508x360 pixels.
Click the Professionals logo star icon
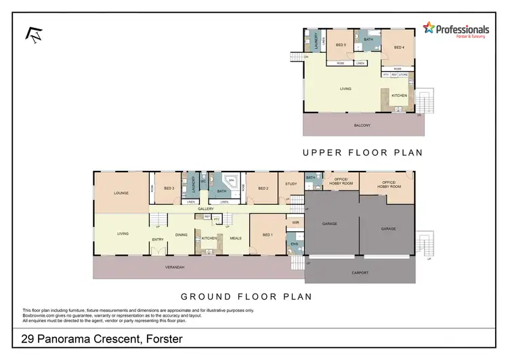point(428,28)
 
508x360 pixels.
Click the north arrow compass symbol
point(32,35)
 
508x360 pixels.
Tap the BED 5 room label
point(341,45)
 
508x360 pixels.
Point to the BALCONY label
point(362,125)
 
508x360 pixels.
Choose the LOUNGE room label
point(122,193)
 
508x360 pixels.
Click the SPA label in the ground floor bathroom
point(230,182)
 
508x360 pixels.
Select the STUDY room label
point(291,184)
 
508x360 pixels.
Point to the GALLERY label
point(206,209)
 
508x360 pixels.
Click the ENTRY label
point(158,239)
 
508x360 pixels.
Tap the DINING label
point(182,235)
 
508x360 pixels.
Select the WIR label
point(295,222)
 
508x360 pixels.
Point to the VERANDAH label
point(175,267)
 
